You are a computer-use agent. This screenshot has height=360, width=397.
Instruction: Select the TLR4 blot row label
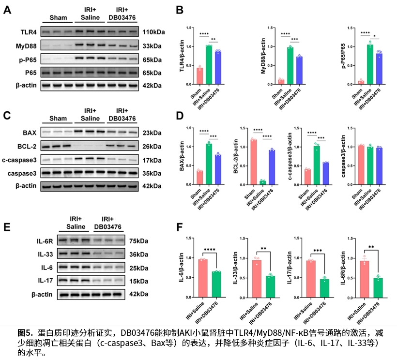coord(29,32)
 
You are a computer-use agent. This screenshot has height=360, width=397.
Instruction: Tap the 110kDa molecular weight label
coord(154,32)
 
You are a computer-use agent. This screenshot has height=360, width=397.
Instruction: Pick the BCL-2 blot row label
coord(27,146)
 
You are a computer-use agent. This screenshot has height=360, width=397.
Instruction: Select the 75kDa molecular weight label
coord(139,240)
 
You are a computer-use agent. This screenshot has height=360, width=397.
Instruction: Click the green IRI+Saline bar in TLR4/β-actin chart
coord(209,64)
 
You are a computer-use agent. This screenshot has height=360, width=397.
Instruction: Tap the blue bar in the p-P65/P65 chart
coord(379,69)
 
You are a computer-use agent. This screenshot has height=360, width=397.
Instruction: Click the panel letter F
coord(179,227)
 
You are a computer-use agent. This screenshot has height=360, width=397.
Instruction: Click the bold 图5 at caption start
coord(25,332)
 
